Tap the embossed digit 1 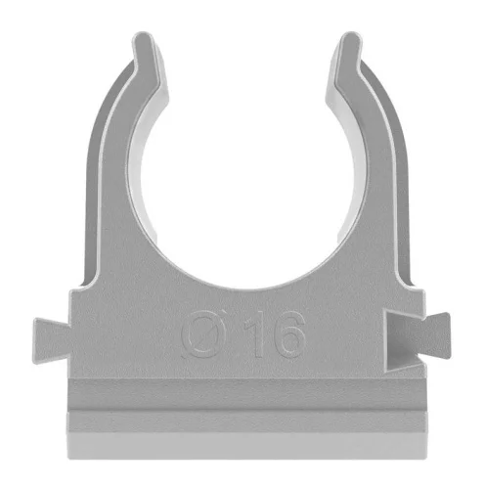tap(255, 333)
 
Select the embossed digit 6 tap(289, 333)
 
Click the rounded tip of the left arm tap(143, 36)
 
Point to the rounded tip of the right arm tap(350, 36)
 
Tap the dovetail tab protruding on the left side tap(52, 340)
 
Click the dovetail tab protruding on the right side tap(435, 335)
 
